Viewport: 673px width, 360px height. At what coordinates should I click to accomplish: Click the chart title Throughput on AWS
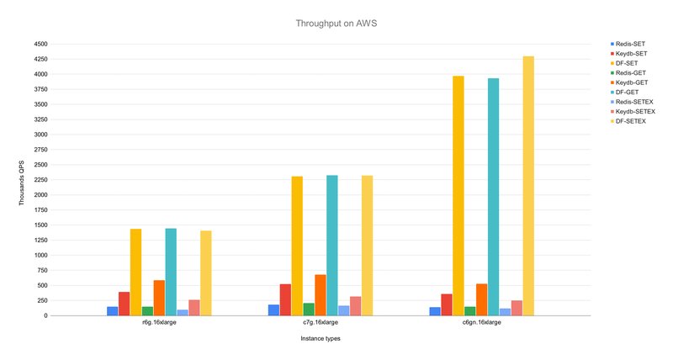(336, 24)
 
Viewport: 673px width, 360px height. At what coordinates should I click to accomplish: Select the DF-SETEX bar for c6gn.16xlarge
(528, 186)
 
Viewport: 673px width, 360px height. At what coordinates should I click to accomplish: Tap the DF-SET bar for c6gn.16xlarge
(458, 196)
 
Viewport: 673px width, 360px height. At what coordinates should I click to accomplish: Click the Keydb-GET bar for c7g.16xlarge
(321, 294)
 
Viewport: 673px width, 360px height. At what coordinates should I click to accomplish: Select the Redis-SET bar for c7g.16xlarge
(273, 310)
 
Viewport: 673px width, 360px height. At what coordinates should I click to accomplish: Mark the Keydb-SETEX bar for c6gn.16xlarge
(517, 308)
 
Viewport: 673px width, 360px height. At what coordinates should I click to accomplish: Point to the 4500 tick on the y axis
(40, 44)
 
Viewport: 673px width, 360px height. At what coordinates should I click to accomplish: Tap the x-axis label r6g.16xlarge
(158, 322)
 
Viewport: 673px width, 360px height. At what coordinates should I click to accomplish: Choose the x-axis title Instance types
(320, 338)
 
